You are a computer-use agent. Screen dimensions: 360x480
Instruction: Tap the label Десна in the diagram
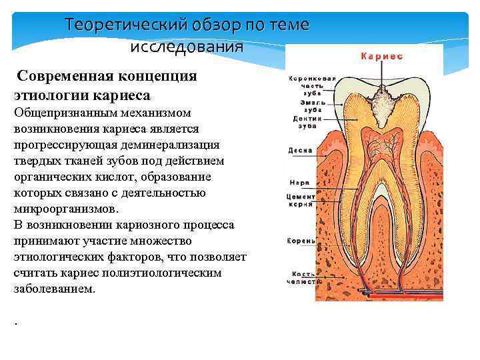click(300, 151)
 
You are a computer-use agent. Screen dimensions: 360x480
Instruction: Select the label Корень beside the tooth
click(300, 241)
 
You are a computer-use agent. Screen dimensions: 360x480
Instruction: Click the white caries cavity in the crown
click(379, 107)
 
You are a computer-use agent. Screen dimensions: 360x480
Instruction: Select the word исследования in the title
click(187, 47)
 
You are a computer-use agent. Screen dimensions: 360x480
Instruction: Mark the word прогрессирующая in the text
click(63, 145)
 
